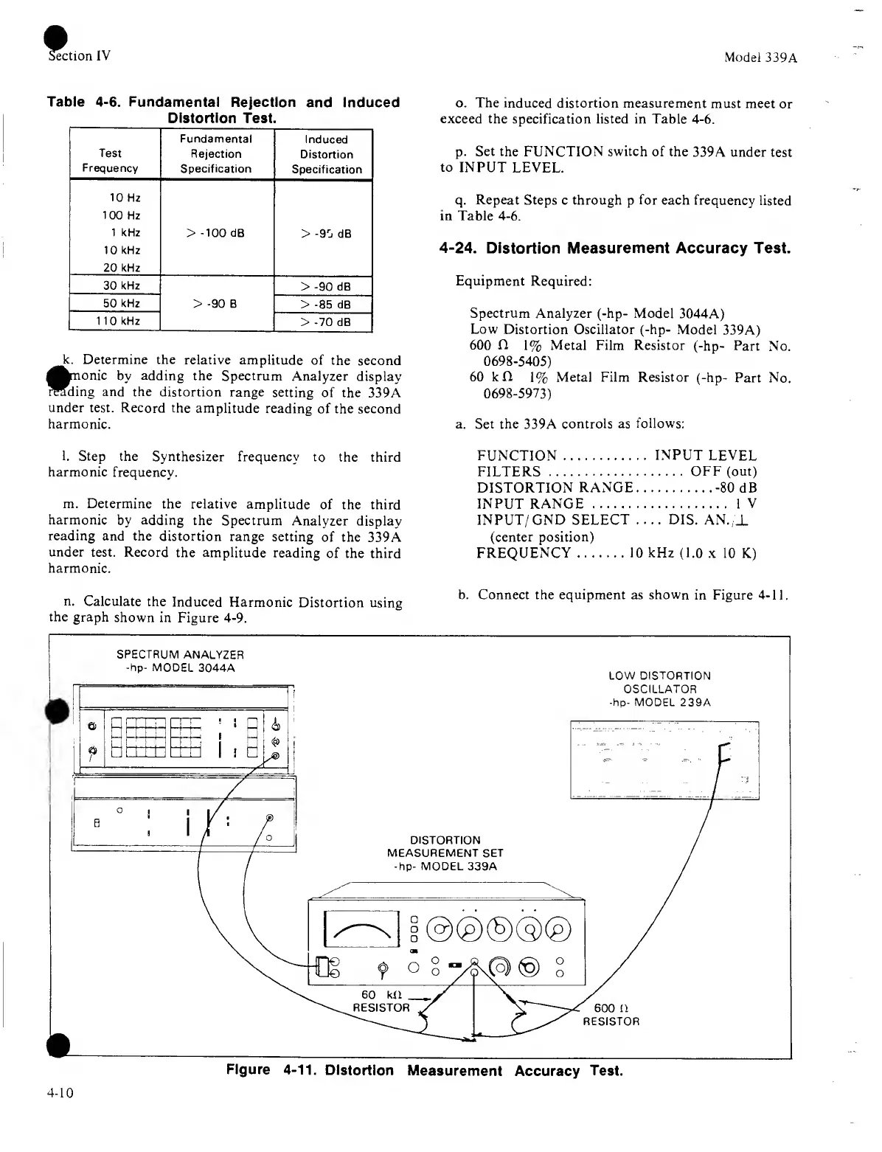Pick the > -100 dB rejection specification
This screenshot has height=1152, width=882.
(216, 233)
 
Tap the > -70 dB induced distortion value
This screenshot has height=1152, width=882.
(325, 322)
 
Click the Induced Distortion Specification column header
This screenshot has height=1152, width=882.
(326, 154)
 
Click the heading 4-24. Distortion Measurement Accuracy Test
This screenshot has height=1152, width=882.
(614, 249)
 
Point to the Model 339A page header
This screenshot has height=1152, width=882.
(760, 57)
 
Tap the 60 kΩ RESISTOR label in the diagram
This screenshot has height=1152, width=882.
(382, 1001)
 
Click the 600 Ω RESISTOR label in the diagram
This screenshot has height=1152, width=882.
(611, 1015)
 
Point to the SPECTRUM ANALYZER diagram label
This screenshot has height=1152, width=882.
(180, 661)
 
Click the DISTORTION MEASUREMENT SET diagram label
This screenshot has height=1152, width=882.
(445, 853)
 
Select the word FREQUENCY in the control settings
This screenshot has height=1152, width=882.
(523, 553)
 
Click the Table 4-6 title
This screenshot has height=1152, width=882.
(223, 110)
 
